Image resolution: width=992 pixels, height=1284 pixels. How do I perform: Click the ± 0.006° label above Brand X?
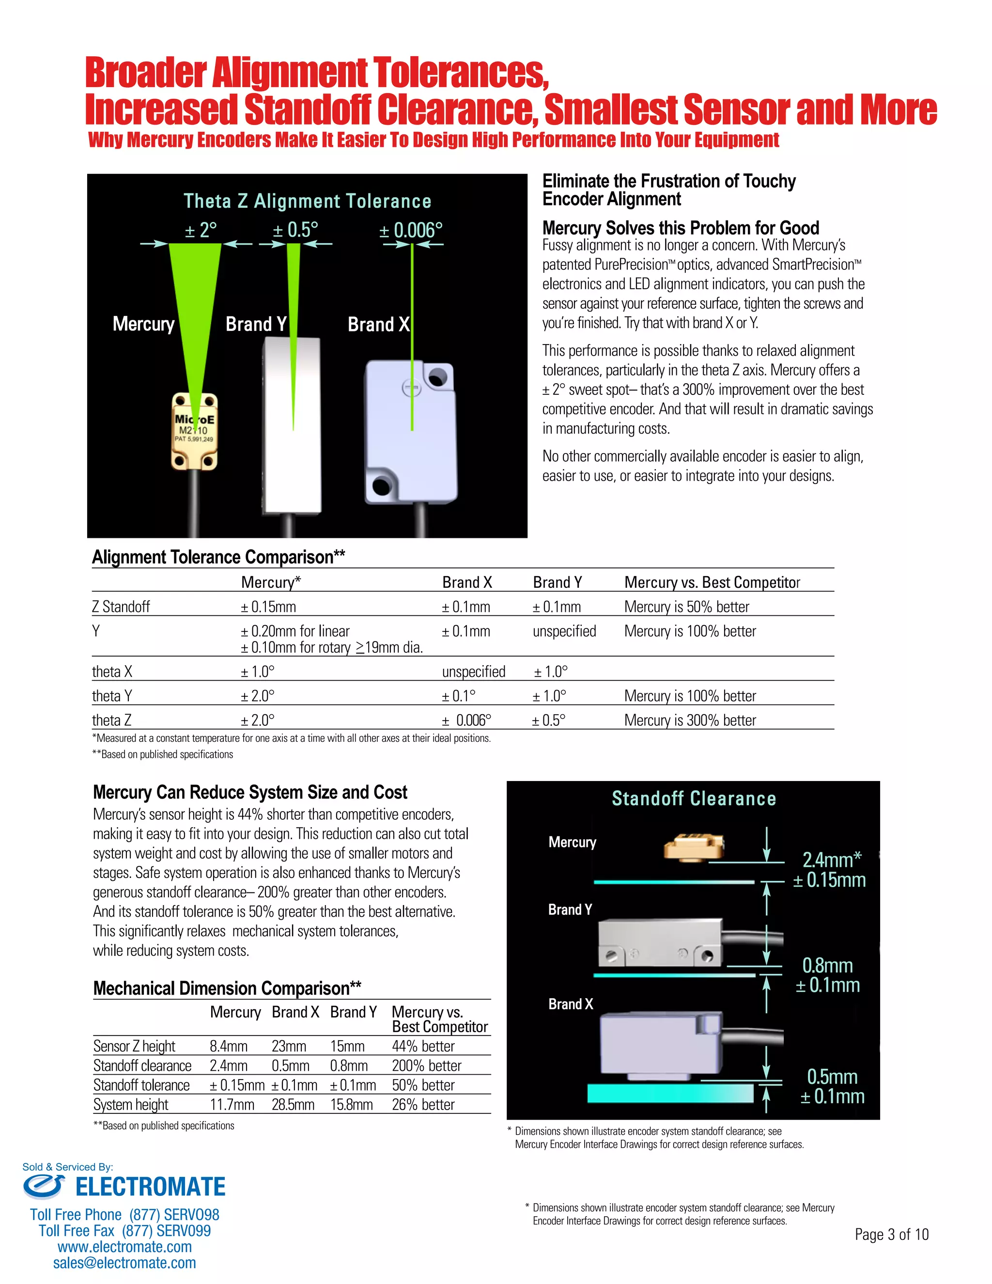tap(410, 230)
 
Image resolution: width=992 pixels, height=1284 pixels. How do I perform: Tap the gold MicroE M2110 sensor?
tap(195, 431)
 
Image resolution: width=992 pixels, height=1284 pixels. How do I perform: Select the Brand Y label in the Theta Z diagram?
tap(256, 324)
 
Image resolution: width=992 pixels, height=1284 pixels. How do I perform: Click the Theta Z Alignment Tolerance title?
tap(308, 201)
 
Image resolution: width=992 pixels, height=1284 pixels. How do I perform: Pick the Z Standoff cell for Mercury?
tap(268, 607)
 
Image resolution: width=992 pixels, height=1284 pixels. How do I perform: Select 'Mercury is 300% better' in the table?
tap(690, 720)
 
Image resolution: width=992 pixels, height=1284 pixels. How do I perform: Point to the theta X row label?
tap(112, 672)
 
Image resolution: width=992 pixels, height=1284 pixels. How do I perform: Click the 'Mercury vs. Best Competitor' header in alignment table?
tap(712, 582)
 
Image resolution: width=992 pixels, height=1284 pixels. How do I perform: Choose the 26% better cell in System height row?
tap(423, 1104)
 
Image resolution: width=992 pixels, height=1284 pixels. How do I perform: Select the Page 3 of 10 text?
tap(892, 1234)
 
